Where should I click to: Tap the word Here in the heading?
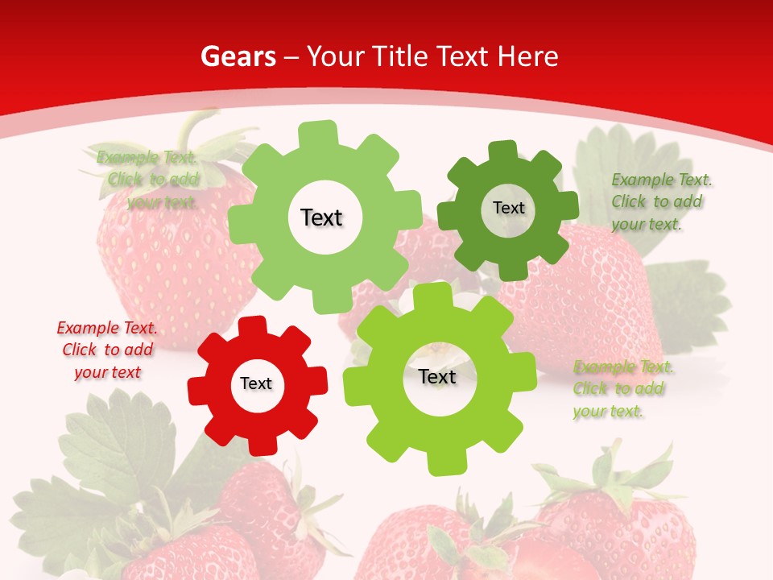(x=528, y=56)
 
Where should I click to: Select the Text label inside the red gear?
(x=256, y=383)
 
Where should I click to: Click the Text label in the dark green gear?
(x=508, y=208)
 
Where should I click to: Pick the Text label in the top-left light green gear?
(x=321, y=217)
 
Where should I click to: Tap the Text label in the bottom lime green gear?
(x=437, y=377)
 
